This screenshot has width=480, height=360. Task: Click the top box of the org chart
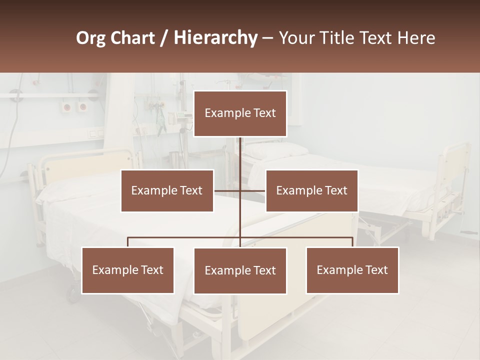click(240, 113)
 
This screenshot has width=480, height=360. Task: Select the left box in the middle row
click(167, 190)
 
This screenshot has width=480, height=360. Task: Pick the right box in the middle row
click(311, 190)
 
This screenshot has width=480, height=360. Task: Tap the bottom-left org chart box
click(128, 270)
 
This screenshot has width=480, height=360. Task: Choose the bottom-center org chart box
click(240, 270)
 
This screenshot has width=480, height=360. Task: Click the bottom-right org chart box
click(352, 270)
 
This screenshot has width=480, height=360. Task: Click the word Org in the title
click(90, 38)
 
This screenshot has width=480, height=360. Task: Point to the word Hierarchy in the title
click(215, 38)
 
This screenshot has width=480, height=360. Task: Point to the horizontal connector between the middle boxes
click(240, 190)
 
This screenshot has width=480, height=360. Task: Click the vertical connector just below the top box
click(240, 150)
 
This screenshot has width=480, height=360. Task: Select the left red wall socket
click(66, 107)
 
